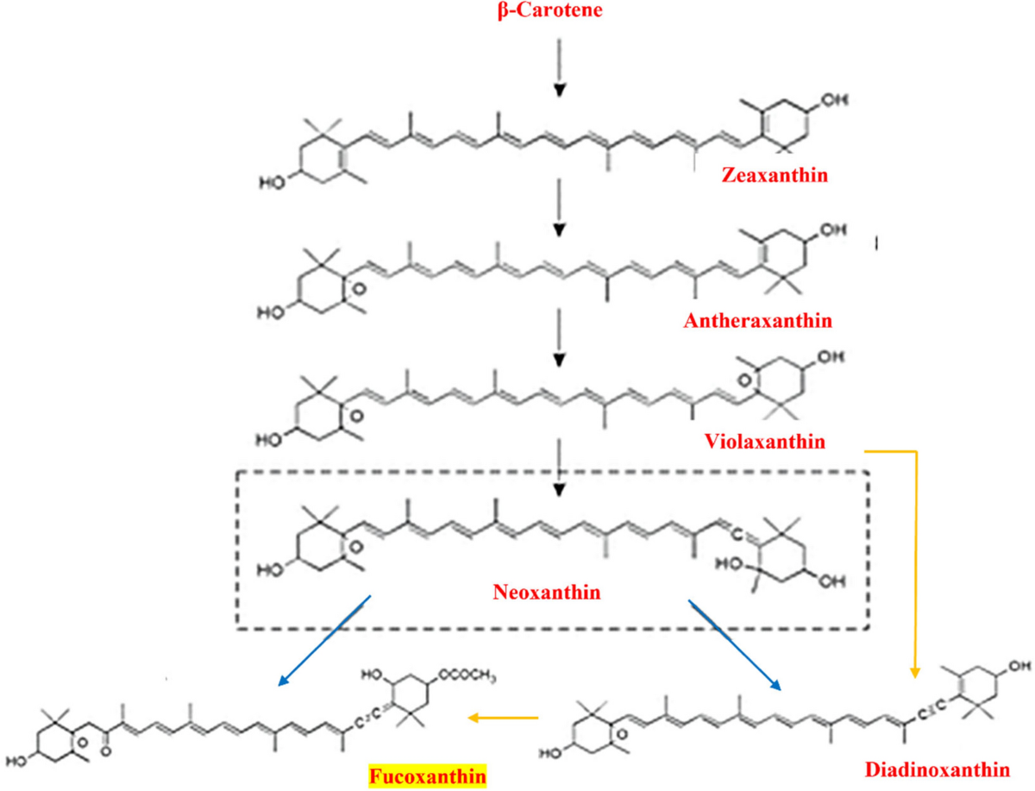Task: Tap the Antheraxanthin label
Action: coord(756,321)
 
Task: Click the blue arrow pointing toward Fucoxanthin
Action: coord(324,642)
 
